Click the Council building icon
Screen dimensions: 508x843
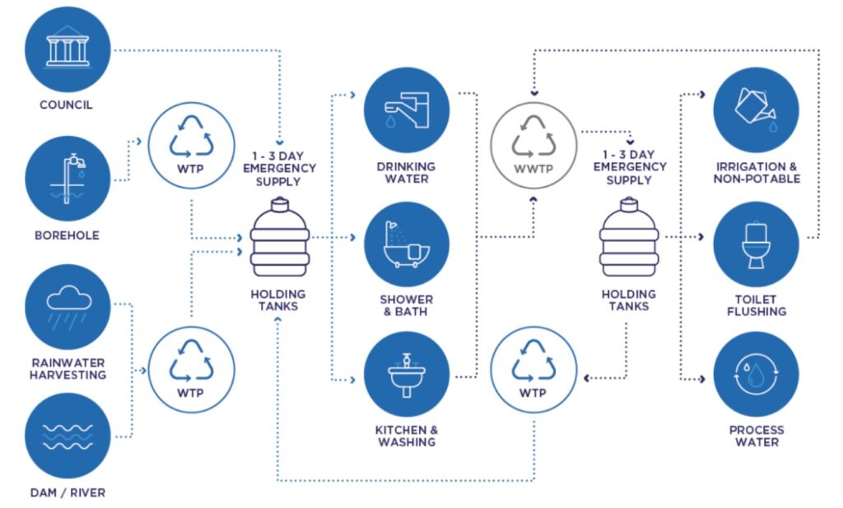click(68, 49)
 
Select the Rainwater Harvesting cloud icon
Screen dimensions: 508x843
click(68, 306)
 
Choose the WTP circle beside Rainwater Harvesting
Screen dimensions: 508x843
click(191, 369)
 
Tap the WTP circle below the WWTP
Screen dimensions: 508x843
click(533, 369)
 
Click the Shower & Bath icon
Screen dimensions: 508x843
click(407, 242)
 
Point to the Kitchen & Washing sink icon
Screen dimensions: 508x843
click(407, 375)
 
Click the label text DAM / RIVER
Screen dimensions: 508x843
click(68, 493)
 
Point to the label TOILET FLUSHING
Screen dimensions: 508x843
click(756, 305)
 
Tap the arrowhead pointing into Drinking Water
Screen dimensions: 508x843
click(353, 95)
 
